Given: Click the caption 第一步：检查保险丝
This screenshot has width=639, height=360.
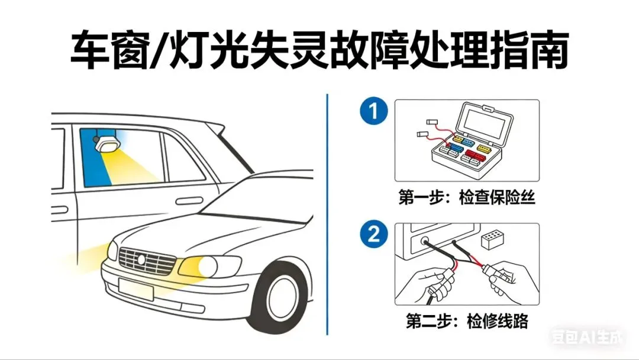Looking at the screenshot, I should coord(467,198).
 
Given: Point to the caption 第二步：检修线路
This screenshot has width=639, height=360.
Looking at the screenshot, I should coord(467,322).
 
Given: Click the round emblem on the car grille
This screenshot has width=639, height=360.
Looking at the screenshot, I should coord(141,259).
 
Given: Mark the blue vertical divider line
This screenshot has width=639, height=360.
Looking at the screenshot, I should coord(327,213).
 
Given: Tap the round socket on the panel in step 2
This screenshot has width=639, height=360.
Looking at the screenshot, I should coord(424,242).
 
